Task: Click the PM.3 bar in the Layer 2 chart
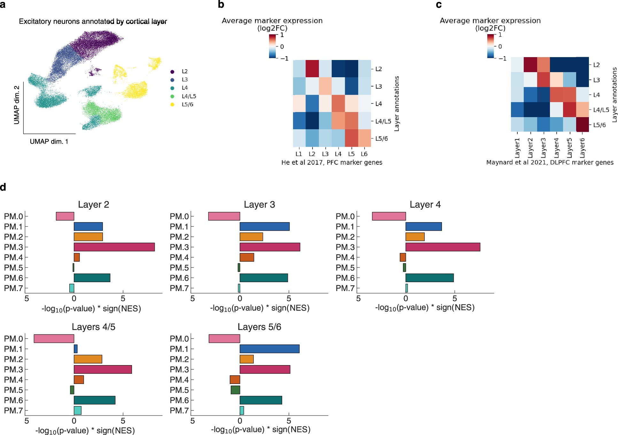tap(114, 247)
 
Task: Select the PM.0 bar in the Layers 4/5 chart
tap(54, 339)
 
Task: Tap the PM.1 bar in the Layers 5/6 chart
tap(269, 349)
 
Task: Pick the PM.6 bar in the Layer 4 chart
tap(429, 278)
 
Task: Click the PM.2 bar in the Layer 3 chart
tap(251, 237)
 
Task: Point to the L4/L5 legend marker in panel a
tap(173, 96)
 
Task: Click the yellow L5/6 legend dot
tap(173, 105)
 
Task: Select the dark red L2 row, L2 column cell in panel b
tap(312, 69)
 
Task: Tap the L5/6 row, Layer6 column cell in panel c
tap(582, 124)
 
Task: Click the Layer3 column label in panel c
tap(544, 148)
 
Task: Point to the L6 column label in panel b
tap(364, 154)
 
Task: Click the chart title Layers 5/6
tap(259, 327)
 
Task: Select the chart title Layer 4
tap(425, 205)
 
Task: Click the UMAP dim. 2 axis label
tap(17, 105)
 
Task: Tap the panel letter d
tap(3, 187)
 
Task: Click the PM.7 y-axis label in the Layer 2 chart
tap(13, 288)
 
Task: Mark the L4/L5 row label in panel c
tap(601, 110)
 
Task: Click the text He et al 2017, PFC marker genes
tap(332, 162)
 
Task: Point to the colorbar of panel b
tap(272, 46)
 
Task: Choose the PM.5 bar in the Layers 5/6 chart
tap(235, 390)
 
